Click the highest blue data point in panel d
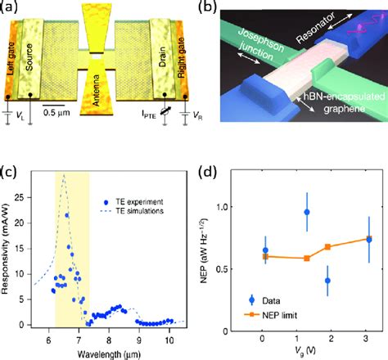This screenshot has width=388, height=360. tap(307, 212)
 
